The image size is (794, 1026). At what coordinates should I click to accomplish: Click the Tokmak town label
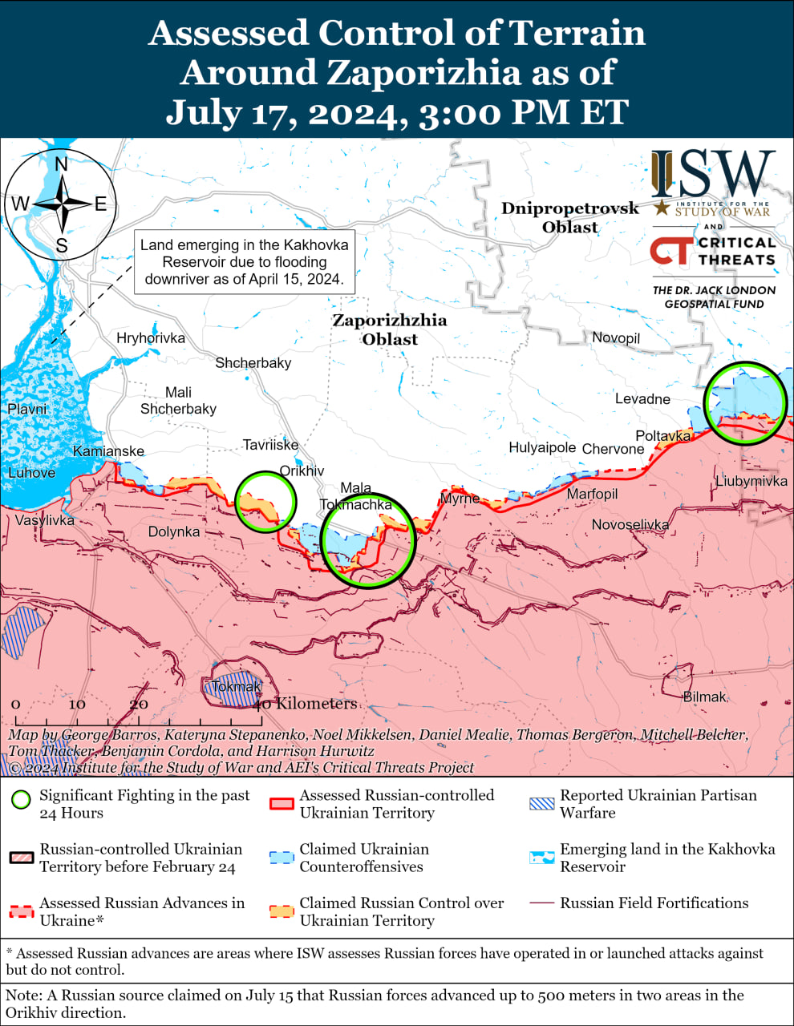[x=237, y=687]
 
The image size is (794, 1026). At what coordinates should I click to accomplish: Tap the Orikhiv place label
[x=302, y=471]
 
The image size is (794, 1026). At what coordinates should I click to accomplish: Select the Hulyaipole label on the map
[x=542, y=447]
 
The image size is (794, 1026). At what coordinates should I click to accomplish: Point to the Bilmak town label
[x=704, y=697]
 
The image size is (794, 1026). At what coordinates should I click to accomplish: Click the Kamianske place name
[x=108, y=451]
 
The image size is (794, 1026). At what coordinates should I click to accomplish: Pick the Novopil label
[x=616, y=337]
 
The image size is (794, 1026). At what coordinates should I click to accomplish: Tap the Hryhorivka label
[x=151, y=338]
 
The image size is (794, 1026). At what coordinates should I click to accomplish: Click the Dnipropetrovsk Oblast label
[x=569, y=217]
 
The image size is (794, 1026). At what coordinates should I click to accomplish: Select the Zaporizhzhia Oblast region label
[x=390, y=329]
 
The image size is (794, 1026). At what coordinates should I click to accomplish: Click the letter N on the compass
[x=61, y=165]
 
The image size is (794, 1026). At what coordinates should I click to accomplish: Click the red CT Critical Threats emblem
[x=670, y=249]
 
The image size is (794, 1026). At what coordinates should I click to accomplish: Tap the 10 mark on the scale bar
[x=77, y=705]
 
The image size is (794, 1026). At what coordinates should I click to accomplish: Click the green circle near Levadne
[x=745, y=403]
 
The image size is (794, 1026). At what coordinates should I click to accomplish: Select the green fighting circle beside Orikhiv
[x=265, y=502]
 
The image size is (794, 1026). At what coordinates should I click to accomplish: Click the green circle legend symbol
[x=22, y=800]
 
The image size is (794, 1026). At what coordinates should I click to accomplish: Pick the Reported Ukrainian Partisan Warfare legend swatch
[x=542, y=804]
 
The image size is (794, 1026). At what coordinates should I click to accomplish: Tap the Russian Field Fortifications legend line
[x=542, y=903]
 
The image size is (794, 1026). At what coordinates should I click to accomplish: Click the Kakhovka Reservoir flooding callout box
[x=244, y=262]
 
